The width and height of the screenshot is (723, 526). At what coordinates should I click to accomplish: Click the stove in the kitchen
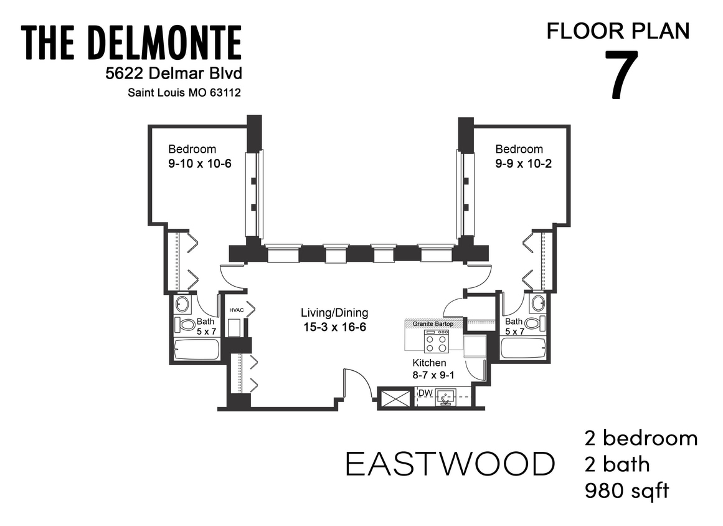coord(436,341)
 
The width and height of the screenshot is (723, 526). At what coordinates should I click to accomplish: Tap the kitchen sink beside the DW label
coord(446,396)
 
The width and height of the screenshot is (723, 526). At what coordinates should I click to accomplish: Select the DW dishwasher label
coord(425,393)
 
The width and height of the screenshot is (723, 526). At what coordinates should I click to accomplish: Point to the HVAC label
coord(235,310)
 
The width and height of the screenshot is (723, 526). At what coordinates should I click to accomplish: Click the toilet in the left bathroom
coord(185,324)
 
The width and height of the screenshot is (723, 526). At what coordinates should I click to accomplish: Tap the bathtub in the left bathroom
coord(196,349)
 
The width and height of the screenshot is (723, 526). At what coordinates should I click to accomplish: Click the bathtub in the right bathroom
coord(522,348)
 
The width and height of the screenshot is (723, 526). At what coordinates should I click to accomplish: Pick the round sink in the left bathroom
coord(182,304)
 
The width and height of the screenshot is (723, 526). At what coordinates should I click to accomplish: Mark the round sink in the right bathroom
coord(536,304)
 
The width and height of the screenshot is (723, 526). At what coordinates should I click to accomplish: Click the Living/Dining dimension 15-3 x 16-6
coord(334,326)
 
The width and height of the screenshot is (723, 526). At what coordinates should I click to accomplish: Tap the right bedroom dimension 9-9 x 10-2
coord(523,164)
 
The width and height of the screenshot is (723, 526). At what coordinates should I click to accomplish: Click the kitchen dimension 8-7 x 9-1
coord(430,376)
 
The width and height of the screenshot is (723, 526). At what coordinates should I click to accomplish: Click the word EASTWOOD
coord(450,464)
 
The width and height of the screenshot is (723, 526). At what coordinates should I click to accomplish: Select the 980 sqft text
coord(626,491)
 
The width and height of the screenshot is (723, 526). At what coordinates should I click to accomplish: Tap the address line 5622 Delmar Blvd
coord(173,74)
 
